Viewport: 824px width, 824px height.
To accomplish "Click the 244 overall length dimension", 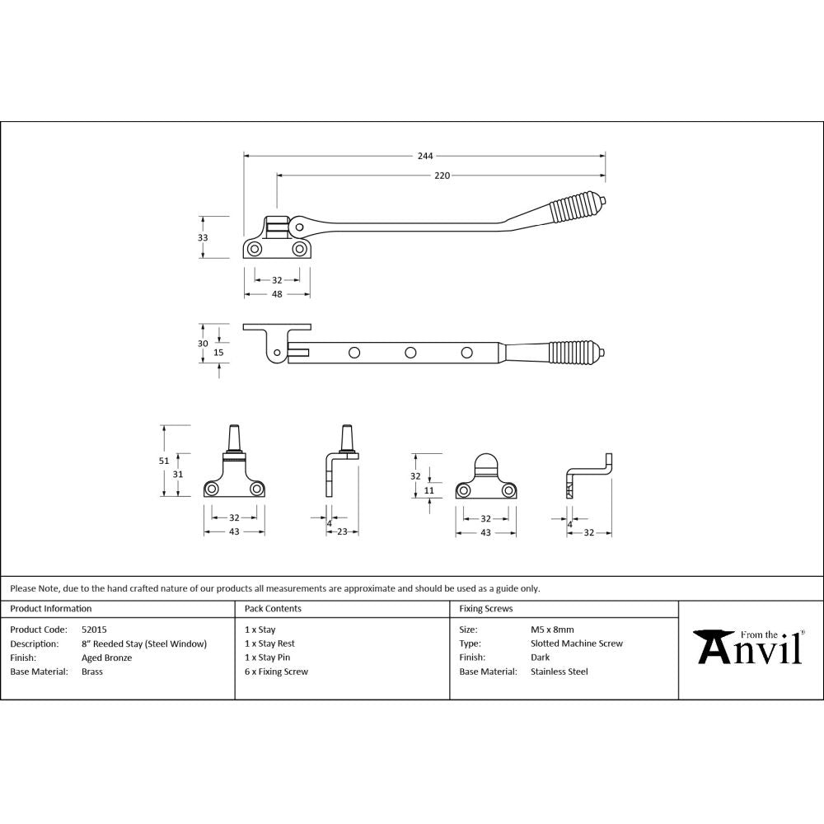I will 424,155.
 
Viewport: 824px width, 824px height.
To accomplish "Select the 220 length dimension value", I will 442,176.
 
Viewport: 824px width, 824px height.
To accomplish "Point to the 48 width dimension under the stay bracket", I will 277,293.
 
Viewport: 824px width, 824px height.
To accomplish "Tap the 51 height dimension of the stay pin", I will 164,461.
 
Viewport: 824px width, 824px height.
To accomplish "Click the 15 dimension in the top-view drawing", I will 218,352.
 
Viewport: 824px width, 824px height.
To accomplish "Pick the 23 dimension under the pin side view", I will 342,532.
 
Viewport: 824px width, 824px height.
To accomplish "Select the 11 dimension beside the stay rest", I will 428,490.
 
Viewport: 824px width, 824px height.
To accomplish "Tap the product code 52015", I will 95,630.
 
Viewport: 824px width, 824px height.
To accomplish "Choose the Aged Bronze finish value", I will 106,658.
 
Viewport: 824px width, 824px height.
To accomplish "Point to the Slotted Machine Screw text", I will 577,644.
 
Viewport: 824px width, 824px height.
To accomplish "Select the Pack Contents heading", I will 273,609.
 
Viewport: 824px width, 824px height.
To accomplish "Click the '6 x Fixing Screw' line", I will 276,672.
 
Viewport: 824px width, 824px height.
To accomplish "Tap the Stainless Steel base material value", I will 559,672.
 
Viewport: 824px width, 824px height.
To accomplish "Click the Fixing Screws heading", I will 486,609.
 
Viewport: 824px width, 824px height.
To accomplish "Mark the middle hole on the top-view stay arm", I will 410,353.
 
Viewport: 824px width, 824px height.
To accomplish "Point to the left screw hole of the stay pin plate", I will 213,489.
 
